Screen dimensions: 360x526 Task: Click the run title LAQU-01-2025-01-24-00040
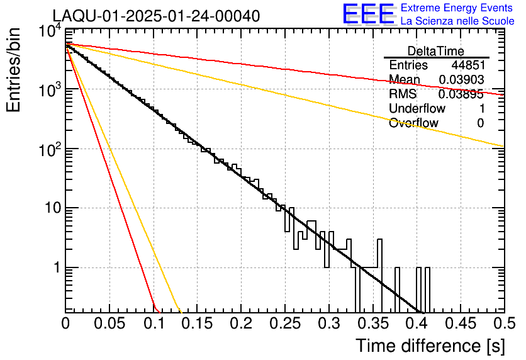[x=155, y=16]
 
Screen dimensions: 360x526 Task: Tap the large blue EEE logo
[x=368, y=14]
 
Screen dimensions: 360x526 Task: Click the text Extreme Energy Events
[x=457, y=8]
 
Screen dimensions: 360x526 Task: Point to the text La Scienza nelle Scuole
[x=457, y=21]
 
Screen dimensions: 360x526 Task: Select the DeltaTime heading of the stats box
[x=436, y=51]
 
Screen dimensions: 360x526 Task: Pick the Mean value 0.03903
[x=461, y=80]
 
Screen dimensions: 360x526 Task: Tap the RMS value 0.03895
[x=461, y=94]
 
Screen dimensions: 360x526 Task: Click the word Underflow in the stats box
[x=417, y=109]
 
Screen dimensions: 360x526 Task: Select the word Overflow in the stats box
[x=413, y=123]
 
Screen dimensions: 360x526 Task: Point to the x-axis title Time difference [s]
[x=429, y=346]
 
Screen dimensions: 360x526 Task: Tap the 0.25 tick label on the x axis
[x=284, y=323]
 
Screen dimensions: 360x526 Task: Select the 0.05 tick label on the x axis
[x=109, y=323]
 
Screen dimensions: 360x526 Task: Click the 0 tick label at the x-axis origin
[x=65, y=323]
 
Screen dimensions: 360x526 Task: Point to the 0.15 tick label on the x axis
[x=197, y=323]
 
